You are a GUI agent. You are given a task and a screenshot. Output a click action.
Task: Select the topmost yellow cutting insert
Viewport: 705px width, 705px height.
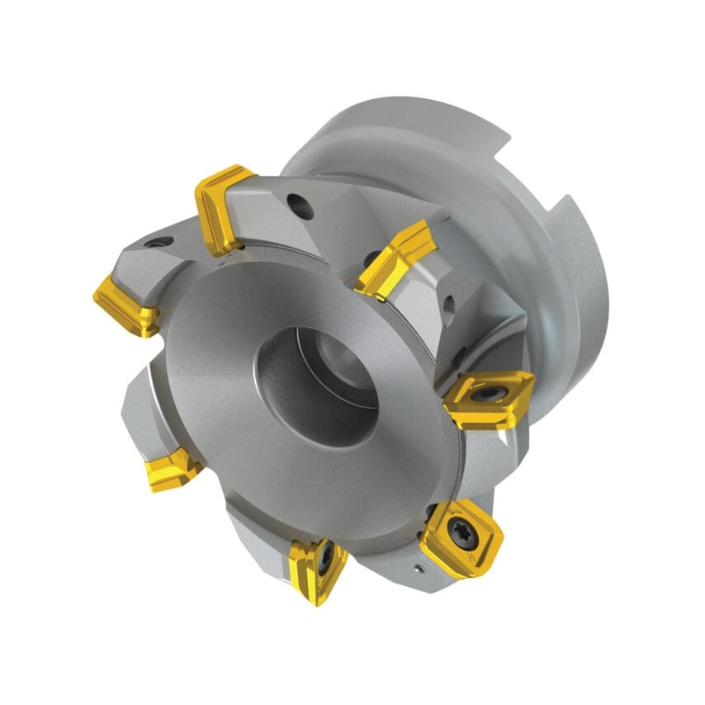(221, 208)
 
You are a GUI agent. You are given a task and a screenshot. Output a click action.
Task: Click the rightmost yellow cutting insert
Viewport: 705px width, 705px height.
(489, 400)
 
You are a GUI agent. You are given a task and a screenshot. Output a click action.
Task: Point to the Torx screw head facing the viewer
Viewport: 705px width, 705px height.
(457, 532)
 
